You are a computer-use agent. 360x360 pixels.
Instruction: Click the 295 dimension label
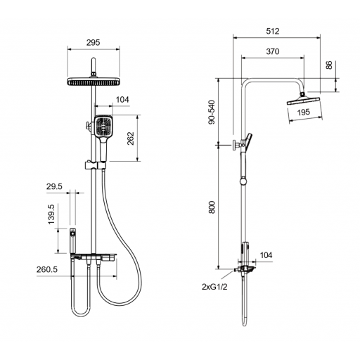tap(93, 43)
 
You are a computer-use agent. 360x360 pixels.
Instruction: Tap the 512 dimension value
tap(273, 31)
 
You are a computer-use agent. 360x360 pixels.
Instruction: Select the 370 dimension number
tap(273, 51)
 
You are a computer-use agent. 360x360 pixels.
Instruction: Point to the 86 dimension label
tap(329, 65)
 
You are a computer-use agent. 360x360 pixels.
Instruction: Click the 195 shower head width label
tap(304, 112)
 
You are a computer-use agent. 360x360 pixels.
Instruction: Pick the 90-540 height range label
tap(212, 112)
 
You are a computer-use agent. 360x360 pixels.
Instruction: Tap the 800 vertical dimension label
tap(212, 207)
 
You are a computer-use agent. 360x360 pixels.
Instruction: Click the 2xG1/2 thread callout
tap(214, 287)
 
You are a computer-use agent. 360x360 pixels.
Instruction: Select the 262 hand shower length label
tap(131, 139)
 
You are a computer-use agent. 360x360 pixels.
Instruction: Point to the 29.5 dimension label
tap(54, 186)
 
